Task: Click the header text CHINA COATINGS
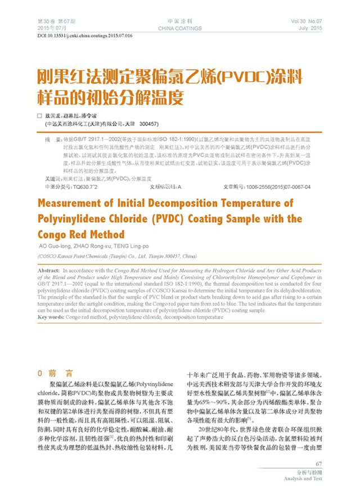[180, 27]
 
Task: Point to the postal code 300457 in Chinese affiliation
[148, 123]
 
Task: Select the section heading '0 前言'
[55, 373]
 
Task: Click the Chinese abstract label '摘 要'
[52, 138]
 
